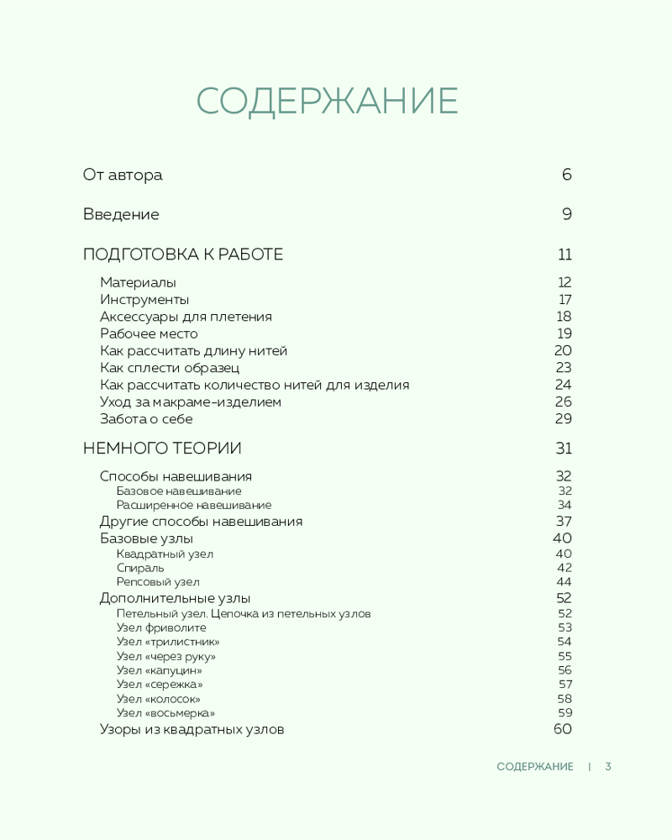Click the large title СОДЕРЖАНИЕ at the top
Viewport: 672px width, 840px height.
328,101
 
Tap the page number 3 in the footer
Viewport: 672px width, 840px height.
608,766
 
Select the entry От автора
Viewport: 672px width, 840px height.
123,175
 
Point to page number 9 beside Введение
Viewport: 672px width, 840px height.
567,214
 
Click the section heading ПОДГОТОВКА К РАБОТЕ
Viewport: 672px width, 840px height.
183,255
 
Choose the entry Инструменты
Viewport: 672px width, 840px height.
144,300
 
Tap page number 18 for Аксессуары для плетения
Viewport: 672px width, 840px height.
564,317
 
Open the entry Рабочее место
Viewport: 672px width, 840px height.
149,333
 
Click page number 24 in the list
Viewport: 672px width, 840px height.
563,385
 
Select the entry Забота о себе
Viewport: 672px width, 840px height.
146,419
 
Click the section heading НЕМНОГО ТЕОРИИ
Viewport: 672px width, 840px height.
162,448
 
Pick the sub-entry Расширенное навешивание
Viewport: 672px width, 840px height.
194,505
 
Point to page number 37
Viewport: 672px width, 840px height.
564,522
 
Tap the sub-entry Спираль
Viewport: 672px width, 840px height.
140,568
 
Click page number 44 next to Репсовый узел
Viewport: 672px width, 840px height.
564,581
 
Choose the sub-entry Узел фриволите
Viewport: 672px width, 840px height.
161,627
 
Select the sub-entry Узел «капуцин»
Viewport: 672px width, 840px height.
160,670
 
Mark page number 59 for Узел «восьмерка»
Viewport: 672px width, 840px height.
564,713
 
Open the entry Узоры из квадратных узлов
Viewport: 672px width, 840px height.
192,729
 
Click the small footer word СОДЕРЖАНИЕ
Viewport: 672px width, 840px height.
535,766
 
